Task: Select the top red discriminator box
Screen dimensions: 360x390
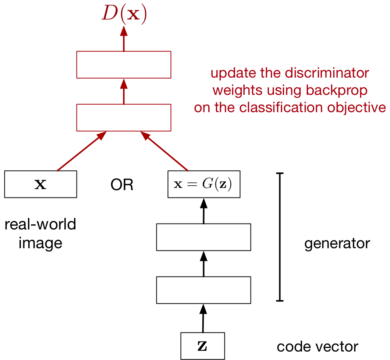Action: coord(124,65)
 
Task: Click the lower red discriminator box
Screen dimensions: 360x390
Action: coord(124,117)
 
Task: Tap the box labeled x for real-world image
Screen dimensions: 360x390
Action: coord(40,184)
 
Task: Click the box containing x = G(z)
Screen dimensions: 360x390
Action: coord(203,184)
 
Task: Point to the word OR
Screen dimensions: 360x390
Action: coord(122,185)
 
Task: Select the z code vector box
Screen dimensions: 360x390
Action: coord(202,346)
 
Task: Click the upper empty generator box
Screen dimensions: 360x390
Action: coord(203,237)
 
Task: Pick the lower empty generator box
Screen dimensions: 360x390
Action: coord(203,290)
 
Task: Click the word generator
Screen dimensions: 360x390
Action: coord(337,243)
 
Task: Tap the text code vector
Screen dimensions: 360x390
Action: coord(317,346)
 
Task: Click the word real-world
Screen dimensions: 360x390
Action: coord(40,224)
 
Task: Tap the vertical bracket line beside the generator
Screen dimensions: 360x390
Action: coord(280,237)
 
